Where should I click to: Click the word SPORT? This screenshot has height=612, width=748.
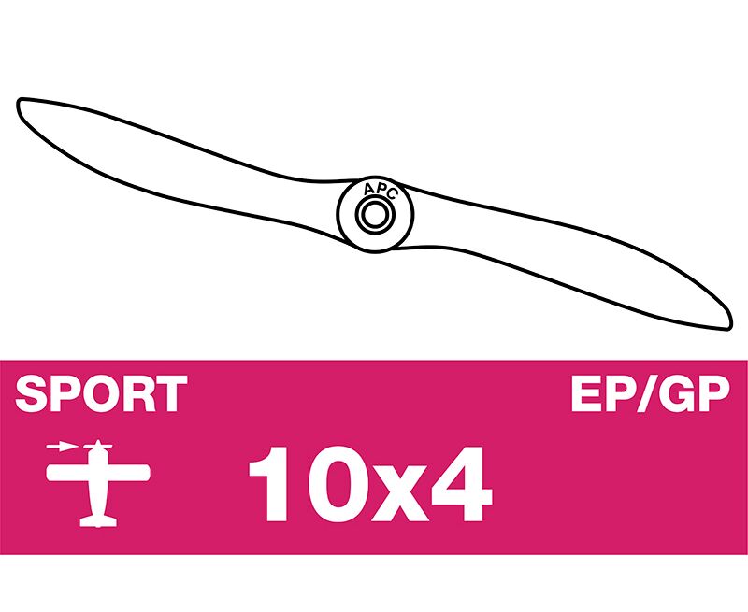click(101, 393)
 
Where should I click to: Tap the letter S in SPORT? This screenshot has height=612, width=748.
click(32, 393)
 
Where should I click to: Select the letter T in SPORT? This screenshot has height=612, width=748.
click(170, 393)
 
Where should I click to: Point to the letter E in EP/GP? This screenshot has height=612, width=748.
click(585, 393)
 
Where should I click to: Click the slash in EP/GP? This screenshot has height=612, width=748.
click(644, 393)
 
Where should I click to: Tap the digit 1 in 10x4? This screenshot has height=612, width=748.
click(269, 484)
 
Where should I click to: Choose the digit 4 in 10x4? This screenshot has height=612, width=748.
click(461, 484)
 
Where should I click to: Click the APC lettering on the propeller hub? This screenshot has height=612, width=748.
click(380, 191)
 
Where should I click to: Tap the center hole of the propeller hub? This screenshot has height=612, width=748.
click(375, 215)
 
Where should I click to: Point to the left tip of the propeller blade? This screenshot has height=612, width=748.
click(19, 102)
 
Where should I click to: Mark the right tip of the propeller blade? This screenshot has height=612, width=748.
click(729, 327)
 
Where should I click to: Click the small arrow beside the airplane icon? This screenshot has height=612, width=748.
click(62, 447)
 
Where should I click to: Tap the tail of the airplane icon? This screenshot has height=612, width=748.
click(98, 521)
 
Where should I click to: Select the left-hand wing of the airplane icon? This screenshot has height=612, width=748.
click(67, 474)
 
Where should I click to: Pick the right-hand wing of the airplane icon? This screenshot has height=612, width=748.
click(128, 474)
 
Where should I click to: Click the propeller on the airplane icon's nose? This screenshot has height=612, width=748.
click(98, 446)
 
